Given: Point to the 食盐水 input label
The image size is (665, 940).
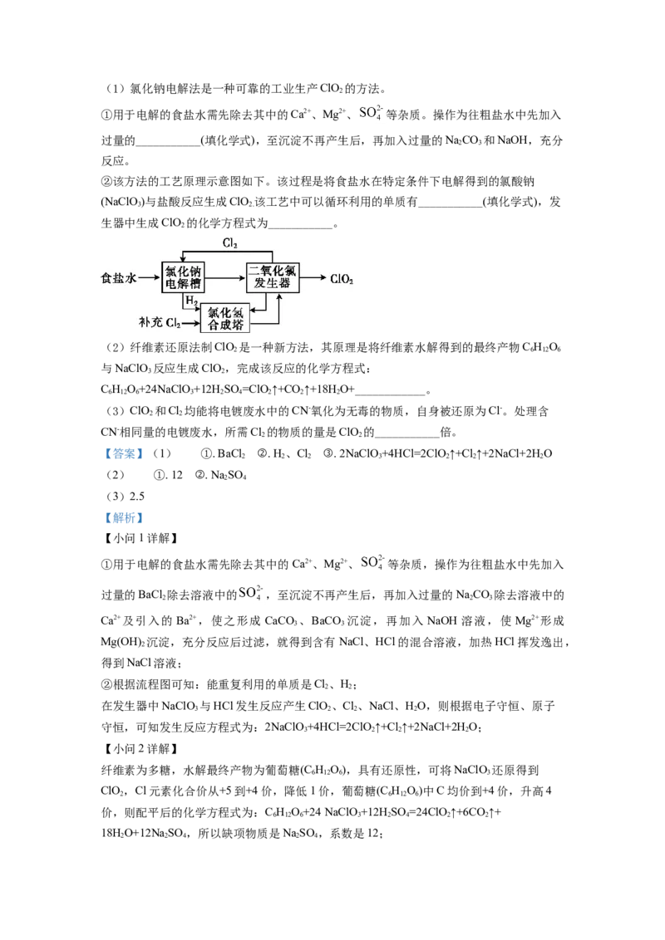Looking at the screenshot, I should [x=118, y=279].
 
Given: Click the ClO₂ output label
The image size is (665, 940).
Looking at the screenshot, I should [x=342, y=280].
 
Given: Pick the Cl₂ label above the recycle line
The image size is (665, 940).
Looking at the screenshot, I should [x=229, y=243].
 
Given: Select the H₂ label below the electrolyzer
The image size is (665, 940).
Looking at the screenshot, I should [x=191, y=300].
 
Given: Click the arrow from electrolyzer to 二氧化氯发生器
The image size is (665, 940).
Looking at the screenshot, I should [x=224, y=279].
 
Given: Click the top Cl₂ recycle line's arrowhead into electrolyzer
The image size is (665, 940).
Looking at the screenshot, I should [x=183, y=258].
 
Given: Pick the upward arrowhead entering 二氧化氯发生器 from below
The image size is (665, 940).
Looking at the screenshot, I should [x=280, y=297].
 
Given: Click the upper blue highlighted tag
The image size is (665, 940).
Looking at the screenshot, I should [x=123, y=455].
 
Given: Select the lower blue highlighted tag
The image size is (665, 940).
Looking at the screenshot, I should [x=123, y=519].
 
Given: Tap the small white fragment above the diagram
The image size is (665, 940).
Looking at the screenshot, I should [x=372, y=112].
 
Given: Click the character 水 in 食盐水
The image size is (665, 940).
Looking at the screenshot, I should [x=130, y=279].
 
